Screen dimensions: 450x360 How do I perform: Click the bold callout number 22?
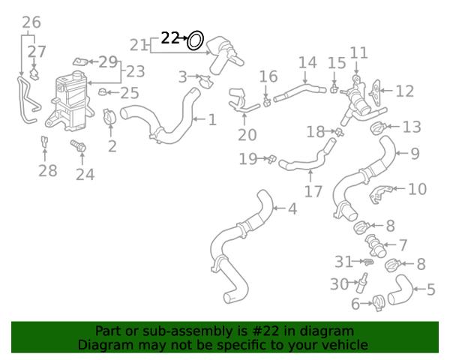tap(170, 38)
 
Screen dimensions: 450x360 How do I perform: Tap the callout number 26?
tap(31, 22)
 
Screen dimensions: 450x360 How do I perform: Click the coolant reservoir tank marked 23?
tap(70, 102)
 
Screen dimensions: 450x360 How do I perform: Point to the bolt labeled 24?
tap(78, 146)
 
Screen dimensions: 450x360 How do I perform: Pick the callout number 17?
tap(313, 191)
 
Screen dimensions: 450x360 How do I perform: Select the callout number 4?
tap(292, 208)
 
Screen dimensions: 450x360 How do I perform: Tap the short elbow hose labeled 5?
tap(400, 290)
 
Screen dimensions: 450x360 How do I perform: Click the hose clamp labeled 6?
tap(378, 303)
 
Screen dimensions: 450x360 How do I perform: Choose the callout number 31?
tap(343, 262)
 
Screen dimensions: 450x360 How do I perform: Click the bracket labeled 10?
tap(380, 195)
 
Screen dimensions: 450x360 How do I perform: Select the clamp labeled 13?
tap(379, 128)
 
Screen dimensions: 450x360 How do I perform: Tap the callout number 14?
tap(307, 62)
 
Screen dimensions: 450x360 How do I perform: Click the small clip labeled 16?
tap(267, 102)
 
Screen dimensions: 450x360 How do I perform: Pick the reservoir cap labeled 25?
tap(103, 92)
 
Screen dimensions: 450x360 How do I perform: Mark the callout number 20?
tap(247, 135)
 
